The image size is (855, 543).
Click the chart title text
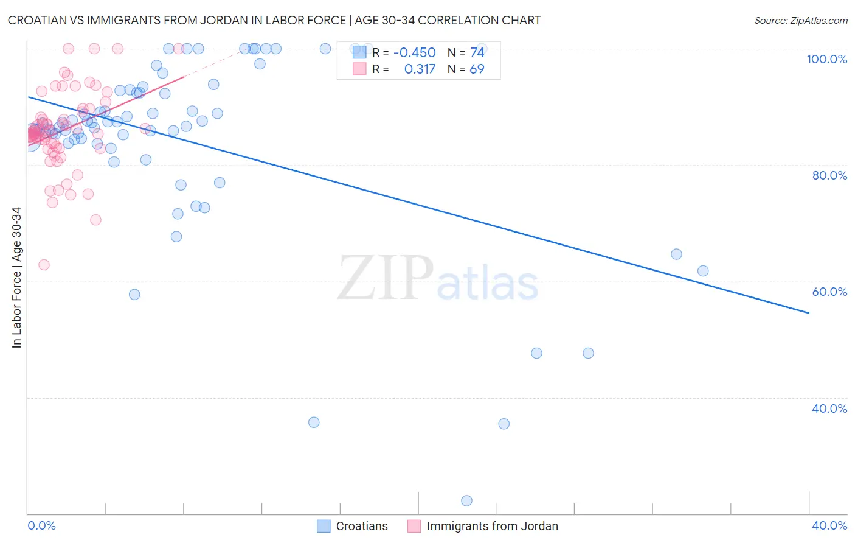(274, 21)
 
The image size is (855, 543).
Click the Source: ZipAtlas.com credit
(800, 21)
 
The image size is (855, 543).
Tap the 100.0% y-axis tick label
(826, 59)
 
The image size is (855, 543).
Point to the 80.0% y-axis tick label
(829, 175)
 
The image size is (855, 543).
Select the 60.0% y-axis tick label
(829, 292)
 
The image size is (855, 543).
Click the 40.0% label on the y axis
(829, 408)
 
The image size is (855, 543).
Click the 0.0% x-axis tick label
(41, 525)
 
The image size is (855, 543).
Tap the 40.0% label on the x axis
(829, 525)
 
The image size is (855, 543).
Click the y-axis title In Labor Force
(16, 278)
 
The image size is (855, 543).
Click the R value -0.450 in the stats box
(415, 53)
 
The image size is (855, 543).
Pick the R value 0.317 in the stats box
(420, 69)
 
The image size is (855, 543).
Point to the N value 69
(477, 69)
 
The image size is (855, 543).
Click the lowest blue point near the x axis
(466, 500)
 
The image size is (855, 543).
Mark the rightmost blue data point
(703, 271)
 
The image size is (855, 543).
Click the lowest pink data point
(44, 265)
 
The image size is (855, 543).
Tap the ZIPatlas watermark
(438, 279)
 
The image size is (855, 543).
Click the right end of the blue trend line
(809, 313)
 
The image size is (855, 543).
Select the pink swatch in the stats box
(359, 69)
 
